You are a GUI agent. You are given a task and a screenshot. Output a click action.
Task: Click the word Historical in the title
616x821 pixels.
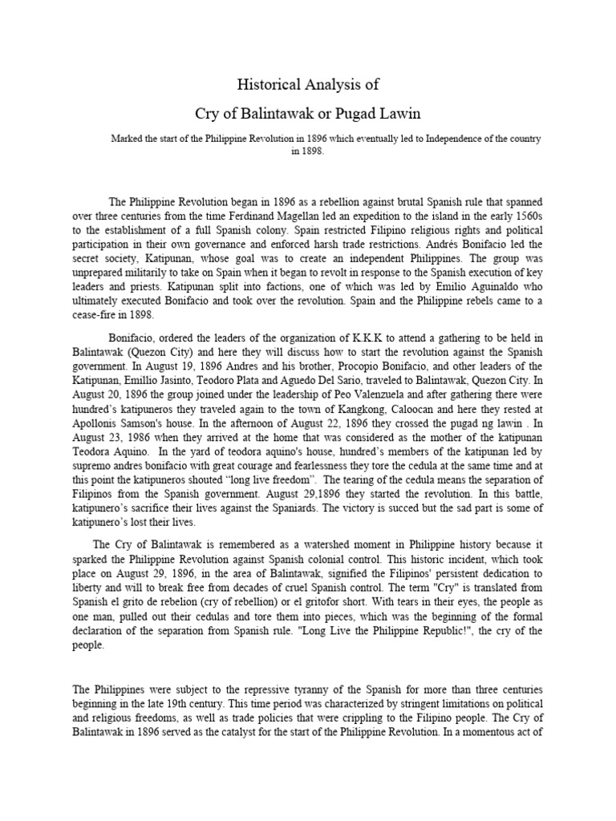click(x=269, y=83)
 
